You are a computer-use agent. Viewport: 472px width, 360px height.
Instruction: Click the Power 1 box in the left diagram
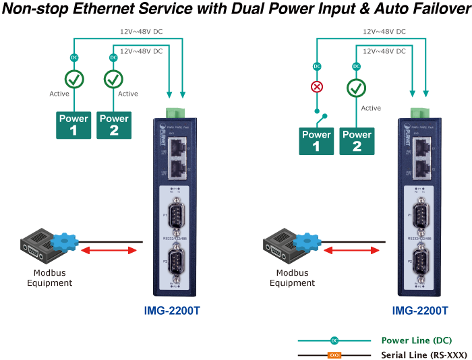click(73, 125)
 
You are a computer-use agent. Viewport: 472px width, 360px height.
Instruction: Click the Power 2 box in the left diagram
click(113, 125)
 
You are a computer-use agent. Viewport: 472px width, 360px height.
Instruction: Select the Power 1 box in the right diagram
click(316, 140)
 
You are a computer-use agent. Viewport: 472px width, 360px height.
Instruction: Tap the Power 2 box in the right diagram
click(357, 140)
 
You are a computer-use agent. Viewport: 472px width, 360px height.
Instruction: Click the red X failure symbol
click(316, 87)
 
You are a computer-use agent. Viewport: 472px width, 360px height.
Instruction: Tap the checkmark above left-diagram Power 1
click(73, 80)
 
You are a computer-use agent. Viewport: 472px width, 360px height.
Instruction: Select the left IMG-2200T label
click(172, 311)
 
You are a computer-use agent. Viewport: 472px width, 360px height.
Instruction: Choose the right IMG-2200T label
click(420, 311)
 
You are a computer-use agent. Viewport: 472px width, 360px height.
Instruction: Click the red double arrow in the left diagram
click(109, 250)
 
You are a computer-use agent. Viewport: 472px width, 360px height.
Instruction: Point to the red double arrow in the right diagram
click(351, 250)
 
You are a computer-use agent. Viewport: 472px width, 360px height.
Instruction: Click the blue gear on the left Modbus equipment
click(65, 241)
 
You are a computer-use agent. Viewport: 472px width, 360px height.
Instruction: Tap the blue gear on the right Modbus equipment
click(308, 241)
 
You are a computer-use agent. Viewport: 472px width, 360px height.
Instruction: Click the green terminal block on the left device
click(175, 111)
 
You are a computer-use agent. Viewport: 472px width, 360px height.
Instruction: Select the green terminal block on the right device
click(419, 111)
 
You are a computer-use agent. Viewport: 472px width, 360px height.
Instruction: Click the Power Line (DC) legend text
click(416, 340)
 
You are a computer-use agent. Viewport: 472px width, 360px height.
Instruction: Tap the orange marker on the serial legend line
click(333, 355)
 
